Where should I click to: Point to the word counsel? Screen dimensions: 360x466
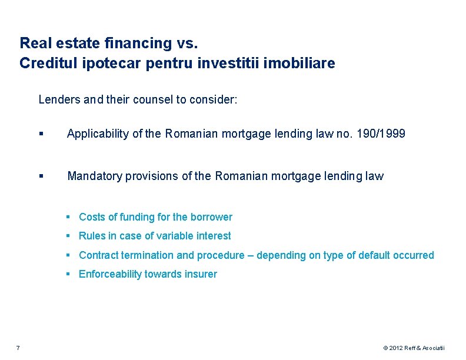152,99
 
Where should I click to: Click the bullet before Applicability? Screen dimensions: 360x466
41,135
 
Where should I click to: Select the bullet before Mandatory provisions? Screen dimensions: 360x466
41,176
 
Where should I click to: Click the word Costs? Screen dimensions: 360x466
92,217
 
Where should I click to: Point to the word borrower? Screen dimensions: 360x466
211,217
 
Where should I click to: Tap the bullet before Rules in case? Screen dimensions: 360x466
69,236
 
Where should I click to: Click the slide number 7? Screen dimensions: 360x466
18,348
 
